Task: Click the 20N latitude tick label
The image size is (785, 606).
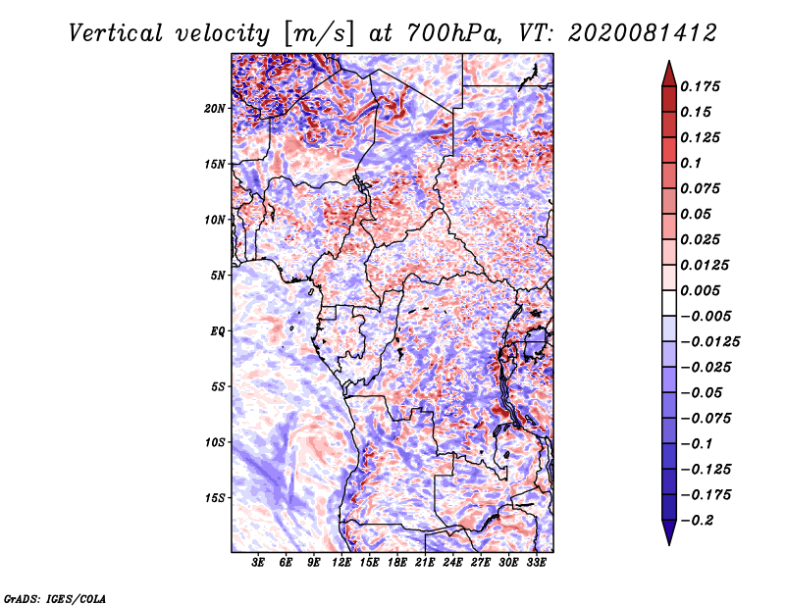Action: (x=215, y=109)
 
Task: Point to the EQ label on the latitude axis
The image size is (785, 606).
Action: (x=217, y=331)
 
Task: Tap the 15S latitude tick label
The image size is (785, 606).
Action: (x=215, y=498)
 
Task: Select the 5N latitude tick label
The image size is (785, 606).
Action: (x=218, y=276)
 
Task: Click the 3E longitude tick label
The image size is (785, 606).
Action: (x=258, y=563)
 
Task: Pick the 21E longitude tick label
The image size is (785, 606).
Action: (x=425, y=563)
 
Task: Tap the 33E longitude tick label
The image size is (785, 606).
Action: (x=536, y=563)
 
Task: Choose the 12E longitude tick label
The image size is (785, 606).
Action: (x=340, y=563)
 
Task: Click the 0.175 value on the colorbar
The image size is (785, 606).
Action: (x=700, y=86)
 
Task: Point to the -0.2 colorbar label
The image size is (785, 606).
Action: (x=697, y=521)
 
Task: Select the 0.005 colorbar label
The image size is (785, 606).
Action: (x=700, y=290)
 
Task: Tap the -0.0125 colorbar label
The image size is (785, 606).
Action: (x=709, y=342)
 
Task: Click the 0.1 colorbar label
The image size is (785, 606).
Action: (x=691, y=163)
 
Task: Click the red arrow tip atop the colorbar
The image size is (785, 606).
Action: (x=669, y=61)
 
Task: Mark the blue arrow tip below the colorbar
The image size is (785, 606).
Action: (x=669, y=545)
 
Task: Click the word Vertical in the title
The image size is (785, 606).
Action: (x=116, y=33)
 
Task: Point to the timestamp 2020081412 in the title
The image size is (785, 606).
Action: (x=643, y=33)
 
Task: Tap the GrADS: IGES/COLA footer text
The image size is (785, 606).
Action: (x=55, y=598)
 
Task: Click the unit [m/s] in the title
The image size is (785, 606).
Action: (x=318, y=34)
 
